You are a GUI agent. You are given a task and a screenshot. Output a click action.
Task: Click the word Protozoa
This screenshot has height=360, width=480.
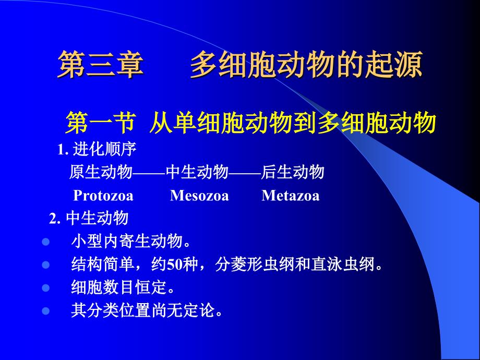[103, 196]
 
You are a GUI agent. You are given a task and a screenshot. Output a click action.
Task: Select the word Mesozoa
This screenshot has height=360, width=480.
[199, 196]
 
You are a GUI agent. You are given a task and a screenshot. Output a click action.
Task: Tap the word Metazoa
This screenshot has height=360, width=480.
[290, 196]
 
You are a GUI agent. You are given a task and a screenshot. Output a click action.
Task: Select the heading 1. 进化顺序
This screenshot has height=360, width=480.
[97, 150]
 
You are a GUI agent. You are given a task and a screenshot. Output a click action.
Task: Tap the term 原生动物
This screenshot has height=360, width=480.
[101, 173]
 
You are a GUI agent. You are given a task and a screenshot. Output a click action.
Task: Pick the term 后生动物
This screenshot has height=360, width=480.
[293, 173]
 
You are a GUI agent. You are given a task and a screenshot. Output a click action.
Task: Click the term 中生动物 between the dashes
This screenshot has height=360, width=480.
[197, 173]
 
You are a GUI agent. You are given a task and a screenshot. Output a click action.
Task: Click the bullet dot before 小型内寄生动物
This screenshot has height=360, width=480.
[45, 242]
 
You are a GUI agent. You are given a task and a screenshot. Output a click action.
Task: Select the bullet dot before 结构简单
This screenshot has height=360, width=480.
[45, 265]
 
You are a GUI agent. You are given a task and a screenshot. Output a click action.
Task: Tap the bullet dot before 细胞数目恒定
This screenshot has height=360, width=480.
[45, 288]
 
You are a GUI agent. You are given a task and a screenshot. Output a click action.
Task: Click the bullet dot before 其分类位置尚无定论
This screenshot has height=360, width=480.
[45, 311]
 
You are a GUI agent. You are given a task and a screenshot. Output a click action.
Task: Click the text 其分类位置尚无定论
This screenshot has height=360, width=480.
[147, 311]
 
